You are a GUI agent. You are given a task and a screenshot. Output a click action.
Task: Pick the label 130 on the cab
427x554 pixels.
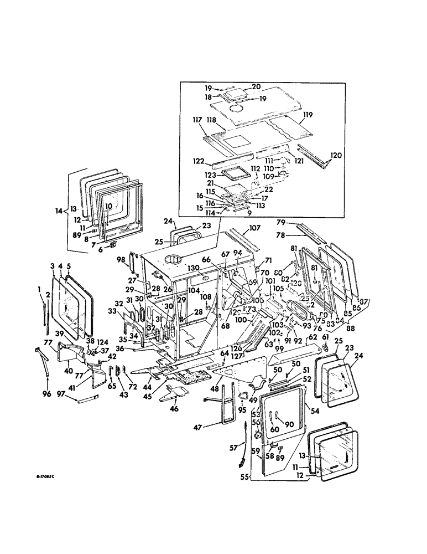192,268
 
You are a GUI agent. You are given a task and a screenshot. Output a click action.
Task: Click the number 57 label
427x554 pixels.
233,448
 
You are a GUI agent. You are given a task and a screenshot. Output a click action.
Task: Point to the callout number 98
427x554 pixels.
122,259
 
